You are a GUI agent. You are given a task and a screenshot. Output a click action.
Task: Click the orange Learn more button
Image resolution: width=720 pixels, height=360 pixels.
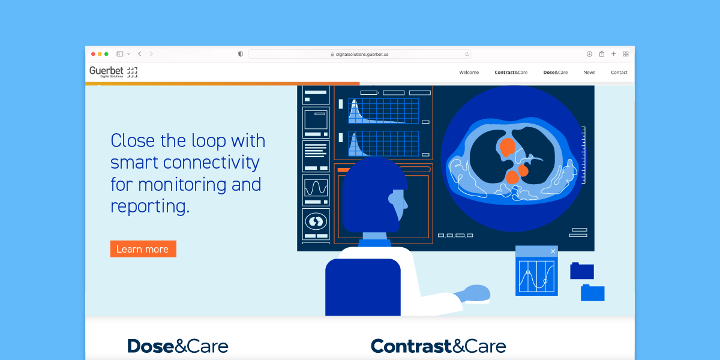(x=143, y=249)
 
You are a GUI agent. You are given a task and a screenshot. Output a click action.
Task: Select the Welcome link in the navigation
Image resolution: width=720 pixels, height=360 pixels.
(x=469, y=73)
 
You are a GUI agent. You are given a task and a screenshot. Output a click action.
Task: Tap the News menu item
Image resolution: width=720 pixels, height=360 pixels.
(x=589, y=73)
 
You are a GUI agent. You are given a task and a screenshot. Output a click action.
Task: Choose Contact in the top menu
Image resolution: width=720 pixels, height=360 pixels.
(x=619, y=73)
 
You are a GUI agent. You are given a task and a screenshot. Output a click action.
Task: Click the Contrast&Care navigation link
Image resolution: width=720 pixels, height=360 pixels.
(x=511, y=73)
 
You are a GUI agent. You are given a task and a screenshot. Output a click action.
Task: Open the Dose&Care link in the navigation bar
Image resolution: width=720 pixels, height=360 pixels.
(x=556, y=73)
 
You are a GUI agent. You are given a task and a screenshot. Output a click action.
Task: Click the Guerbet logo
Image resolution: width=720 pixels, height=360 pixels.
(x=113, y=71)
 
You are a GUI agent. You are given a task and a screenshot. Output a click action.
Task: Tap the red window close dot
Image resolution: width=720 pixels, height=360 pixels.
(x=93, y=54)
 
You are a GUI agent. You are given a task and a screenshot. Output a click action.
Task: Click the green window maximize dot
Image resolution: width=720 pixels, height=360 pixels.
(x=106, y=54)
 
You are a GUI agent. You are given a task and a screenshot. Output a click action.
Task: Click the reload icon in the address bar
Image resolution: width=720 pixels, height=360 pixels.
(x=467, y=54)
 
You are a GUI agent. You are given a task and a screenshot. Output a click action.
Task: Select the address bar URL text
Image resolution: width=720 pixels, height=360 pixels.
(x=362, y=55)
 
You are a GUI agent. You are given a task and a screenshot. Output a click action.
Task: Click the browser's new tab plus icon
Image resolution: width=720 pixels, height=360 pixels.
(x=614, y=53)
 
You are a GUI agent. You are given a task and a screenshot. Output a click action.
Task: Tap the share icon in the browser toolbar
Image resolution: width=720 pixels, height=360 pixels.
(x=602, y=53)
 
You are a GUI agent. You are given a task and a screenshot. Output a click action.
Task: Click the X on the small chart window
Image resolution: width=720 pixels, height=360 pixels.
(x=553, y=251)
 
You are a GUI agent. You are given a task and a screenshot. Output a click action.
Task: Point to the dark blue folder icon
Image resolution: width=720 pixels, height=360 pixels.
(x=582, y=271)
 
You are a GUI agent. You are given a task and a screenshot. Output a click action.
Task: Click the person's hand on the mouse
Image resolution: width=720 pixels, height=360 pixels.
(x=474, y=293)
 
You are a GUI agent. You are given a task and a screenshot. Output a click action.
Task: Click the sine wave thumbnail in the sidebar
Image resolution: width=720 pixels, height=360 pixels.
(x=316, y=188)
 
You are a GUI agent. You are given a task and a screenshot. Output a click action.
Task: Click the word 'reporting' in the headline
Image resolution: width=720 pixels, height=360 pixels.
(x=150, y=206)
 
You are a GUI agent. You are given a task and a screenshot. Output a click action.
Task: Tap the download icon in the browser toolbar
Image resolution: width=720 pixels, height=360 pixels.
(x=589, y=53)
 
